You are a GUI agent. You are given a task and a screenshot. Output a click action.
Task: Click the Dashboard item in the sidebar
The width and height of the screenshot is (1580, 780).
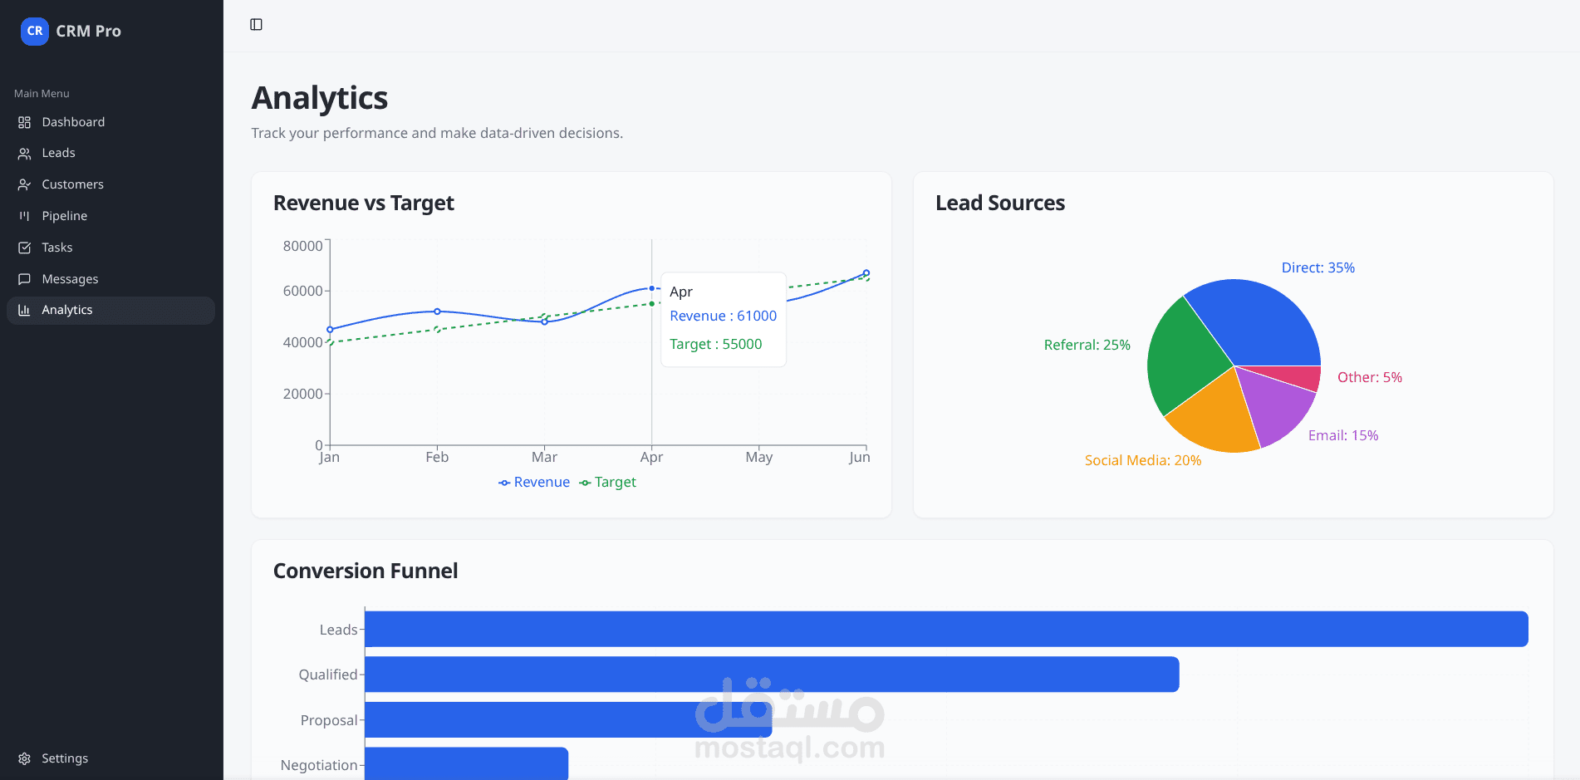73,122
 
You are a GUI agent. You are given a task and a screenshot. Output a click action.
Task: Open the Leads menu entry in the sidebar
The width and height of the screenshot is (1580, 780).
58,153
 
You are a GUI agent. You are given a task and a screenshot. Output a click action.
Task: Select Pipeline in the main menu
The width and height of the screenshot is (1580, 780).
64,216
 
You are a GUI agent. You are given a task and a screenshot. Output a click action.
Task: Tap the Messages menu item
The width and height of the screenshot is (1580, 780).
70,279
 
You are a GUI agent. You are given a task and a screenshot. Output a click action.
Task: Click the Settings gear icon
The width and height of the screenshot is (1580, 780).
24,758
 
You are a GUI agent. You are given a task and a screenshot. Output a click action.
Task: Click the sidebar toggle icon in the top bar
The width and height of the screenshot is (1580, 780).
256,25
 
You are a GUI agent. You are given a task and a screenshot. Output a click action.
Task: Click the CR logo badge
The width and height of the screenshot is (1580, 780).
35,32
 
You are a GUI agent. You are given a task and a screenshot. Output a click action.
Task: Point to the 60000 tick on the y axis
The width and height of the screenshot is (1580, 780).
302,291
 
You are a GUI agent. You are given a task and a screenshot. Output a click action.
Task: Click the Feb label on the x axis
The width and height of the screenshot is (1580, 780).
437,457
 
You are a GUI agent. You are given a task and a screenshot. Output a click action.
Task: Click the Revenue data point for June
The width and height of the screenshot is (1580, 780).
866,273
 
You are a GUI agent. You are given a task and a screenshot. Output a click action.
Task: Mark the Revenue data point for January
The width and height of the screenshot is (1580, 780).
330,330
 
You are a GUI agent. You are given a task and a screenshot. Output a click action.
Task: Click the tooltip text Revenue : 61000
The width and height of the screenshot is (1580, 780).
723,316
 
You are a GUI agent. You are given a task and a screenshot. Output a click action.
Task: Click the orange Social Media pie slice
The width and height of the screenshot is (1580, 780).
1214,415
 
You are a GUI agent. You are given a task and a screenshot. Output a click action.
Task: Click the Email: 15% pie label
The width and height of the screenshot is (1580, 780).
1342,435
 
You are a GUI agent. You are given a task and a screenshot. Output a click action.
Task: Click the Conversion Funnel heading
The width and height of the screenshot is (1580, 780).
366,571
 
